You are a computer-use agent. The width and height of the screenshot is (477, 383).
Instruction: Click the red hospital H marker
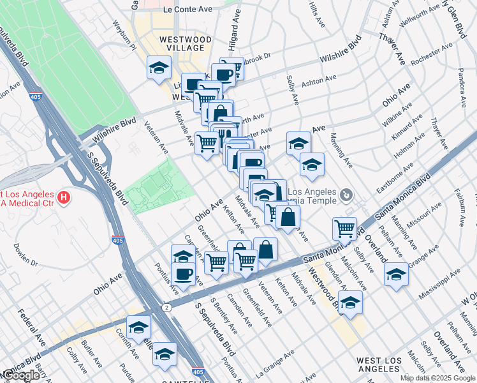point(62,198)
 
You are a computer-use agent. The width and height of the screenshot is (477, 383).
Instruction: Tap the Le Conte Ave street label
point(187,10)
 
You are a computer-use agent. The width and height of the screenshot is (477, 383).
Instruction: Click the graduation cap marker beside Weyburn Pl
point(158,68)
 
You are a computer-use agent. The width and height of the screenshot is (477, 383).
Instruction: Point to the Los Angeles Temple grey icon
point(346,193)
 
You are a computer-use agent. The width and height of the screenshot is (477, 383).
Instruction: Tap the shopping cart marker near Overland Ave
point(344,228)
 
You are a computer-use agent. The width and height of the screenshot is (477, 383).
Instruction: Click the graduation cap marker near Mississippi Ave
point(396,274)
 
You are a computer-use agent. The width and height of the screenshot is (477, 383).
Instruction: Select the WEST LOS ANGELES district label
point(379,364)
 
